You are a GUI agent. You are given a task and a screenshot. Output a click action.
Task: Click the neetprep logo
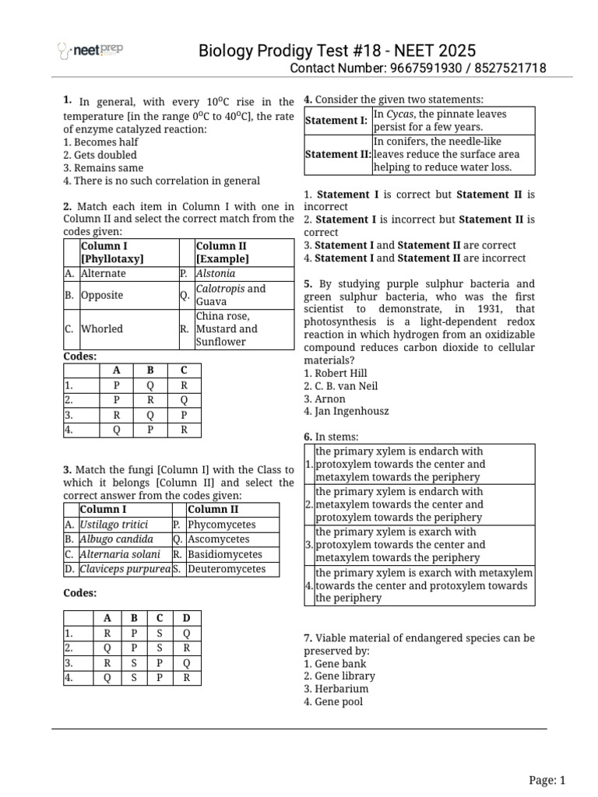(90, 51)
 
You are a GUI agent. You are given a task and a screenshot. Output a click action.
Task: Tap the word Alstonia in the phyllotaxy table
(216, 274)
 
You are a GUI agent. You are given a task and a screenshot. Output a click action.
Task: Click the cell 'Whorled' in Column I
(102, 328)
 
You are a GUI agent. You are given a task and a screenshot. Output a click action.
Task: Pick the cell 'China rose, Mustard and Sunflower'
(226, 328)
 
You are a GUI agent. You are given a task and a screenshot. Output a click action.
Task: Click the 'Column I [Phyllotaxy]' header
(113, 252)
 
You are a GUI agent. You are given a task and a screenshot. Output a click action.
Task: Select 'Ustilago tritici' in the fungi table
(114, 525)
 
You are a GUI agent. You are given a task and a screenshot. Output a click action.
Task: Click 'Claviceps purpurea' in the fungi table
(125, 569)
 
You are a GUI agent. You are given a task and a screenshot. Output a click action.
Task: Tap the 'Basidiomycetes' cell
(224, 554)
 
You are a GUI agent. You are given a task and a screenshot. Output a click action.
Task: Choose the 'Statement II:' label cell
(337, 154)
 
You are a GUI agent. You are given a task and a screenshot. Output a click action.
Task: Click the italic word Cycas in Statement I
(400, 114)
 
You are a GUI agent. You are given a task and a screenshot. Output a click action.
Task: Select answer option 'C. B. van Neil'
(340, 386)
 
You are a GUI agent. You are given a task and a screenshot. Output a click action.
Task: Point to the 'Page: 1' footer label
(547, 780)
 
